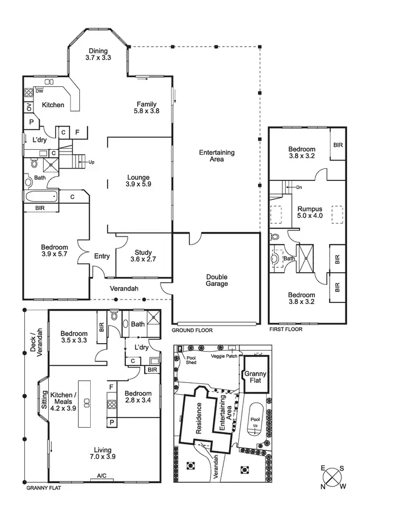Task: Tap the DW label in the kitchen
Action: pyautogui.click(x=39, y=91)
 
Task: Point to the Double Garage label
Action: pyautogui.click(x=217, y=280)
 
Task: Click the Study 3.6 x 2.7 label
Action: pyautogui.click(x=143, y=256)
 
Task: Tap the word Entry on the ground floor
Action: pyautogui.click(x=102, y=256)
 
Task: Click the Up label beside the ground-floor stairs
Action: pyautogui.click(x=91, y=162)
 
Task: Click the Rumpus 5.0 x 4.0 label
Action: pyautogui.click(x=309, y=212)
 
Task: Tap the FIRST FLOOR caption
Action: pyautogui.click(x=285, y=329)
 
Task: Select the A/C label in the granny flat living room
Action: pyautogui.click(x=102, y=475)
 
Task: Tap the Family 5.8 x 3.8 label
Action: pyautogui.click(x=146, y=107)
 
